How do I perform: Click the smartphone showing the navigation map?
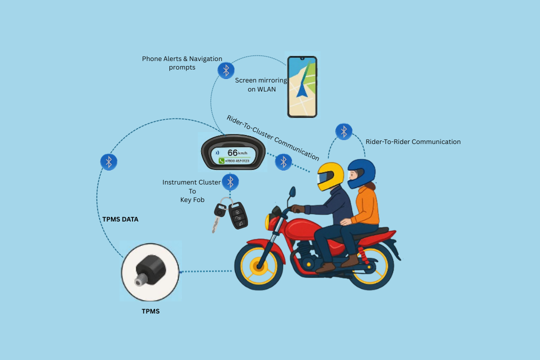point(302,87)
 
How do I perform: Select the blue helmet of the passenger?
point(361,172)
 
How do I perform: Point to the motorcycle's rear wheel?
point(370,265)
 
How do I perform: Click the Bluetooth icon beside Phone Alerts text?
point(226,70)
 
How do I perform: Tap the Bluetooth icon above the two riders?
point(343,131)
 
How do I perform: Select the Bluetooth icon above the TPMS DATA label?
point(108,161)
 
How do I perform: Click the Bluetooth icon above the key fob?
point(230,181)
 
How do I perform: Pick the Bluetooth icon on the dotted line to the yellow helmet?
point(283,161)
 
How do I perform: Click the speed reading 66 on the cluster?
point(233,152)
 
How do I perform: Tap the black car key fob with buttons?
point(238,214)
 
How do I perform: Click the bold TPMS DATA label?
point(120,219)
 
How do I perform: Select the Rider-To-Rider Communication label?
point(413,142)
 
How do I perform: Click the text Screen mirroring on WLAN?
point(261,84)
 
